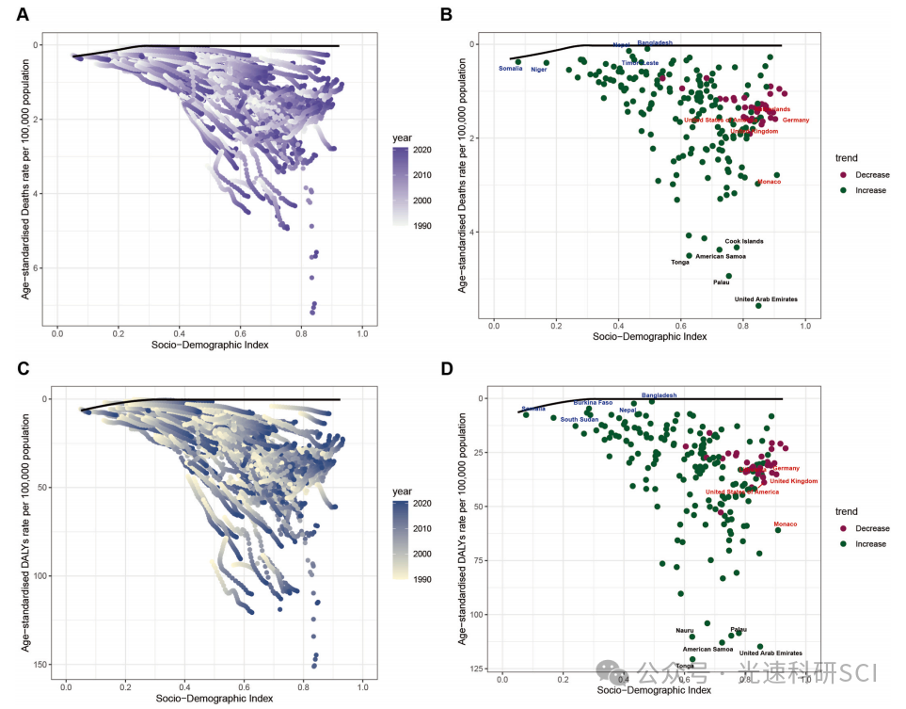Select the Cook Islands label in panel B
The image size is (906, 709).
[x=744, y=241]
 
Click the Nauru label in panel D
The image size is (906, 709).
[x=684, y=630]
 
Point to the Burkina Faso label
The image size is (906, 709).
[x=593, y=402]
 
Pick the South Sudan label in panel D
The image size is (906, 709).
[x=580, y=419]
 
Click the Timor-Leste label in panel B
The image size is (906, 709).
[x=640, y=62]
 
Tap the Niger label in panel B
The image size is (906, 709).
[x=539, y=70]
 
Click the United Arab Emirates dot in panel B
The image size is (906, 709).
[x=758, y=305]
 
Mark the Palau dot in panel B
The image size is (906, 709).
[x=729, y=276]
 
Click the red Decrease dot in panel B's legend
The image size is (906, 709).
[x=844, y=176]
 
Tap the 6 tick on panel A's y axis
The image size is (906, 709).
[x=35, y=268]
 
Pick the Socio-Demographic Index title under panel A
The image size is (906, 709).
[x=210, y=345]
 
